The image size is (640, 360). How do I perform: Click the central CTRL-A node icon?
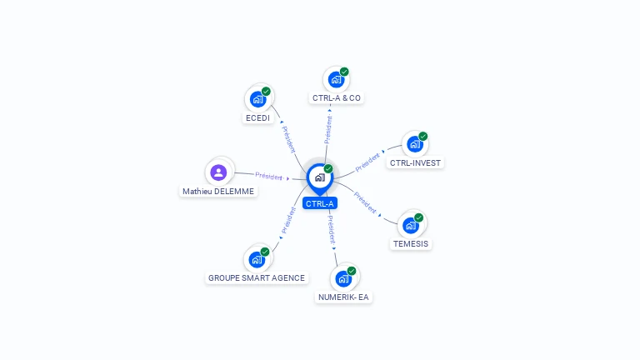coord(319,177)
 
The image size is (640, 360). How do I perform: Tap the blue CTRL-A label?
coord(320,203)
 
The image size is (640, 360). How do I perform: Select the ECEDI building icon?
coord(258,99)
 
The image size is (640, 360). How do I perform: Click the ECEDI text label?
coord(257,118)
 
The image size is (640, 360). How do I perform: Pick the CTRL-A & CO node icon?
coord(336,79)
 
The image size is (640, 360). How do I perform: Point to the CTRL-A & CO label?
coord(337,97)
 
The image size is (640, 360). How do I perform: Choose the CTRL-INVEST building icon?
coord(415,144)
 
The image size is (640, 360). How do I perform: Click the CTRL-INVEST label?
coord(415,162)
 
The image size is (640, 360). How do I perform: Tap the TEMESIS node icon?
coord(411,225)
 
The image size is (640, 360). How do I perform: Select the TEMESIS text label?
coord(411,244)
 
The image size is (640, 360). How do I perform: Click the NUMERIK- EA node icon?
coord(343,278)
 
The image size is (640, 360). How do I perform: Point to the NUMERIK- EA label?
coord(343,297)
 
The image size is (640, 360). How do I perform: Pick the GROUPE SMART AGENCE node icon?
coord(257,259)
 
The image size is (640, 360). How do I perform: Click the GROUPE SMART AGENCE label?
coord(257,277)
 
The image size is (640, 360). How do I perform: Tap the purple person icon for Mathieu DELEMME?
coord(218,172)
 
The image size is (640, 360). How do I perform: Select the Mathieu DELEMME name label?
coord(218,191)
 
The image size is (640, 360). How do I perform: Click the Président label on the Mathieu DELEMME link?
coord(268,176)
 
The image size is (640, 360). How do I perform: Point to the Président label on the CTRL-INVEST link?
coord(367,162)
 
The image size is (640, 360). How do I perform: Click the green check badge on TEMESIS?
coord(419,217)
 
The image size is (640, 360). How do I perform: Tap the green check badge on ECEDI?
coord(266,91)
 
